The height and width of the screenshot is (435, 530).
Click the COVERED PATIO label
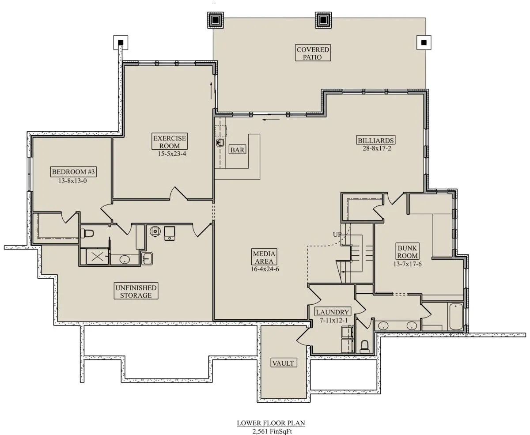coord(313,53)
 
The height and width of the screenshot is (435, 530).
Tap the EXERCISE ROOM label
coord(170,142)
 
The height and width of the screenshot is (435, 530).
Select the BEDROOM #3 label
coord(73,172)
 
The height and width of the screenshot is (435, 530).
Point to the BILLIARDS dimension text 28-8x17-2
coord(377,148)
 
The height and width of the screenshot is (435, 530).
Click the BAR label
coord(237,150)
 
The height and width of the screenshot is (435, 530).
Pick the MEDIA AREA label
coord(264,257)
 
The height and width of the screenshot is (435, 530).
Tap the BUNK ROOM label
coord(407,252)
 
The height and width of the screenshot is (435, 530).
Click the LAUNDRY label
coord(333,312)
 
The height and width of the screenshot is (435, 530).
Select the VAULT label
coord(283,363)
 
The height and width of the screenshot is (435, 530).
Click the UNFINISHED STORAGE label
coord(136,291)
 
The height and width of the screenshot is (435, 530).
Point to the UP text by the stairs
coord(337,235)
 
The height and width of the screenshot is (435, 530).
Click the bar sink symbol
coord(220,143)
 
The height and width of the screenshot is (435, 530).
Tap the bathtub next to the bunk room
coord(456,317)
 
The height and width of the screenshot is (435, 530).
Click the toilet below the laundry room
coord(364,347)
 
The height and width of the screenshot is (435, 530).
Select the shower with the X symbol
coord(97,257)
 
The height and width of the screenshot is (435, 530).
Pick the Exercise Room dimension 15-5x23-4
coord(172,154)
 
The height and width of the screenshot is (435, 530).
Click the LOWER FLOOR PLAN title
coord(271,423)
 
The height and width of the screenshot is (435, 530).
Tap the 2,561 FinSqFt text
coord(272,431)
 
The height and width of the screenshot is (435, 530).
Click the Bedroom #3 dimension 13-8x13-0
coord(72,181)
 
